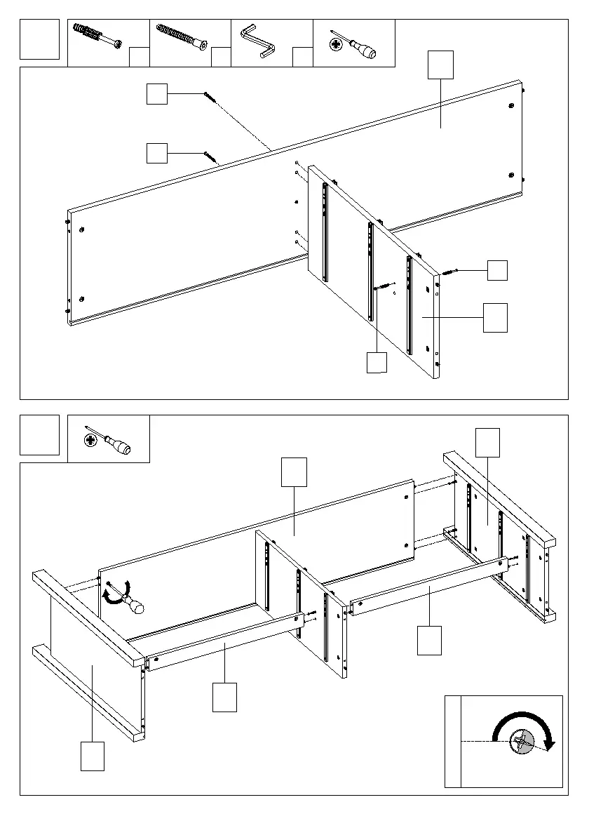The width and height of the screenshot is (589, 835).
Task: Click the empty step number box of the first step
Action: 39,39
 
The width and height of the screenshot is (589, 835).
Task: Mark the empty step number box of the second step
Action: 39,435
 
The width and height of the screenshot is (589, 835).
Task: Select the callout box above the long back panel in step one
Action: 441,65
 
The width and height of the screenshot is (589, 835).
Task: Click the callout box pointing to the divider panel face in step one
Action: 496,318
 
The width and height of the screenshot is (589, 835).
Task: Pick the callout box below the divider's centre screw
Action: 377,362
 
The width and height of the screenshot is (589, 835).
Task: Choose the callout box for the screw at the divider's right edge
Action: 497,271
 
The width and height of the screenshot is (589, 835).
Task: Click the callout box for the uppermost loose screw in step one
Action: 157,94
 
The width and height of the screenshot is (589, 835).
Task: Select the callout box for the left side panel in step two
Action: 93,756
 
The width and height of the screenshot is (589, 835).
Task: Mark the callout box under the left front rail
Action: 224,697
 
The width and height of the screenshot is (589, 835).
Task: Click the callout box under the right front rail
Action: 429,640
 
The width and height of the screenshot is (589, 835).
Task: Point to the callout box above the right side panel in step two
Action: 488,442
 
